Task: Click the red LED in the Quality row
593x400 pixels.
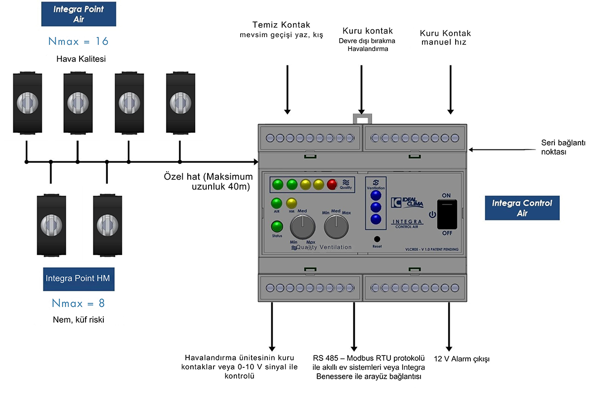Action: pyautogui.click(x=332, y=185)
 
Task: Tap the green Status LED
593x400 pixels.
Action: pyautogui.click(x=277, y=227)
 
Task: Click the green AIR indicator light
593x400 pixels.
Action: pyautogui.click(x=277, y=203)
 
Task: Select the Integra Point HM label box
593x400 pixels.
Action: pyautogui.click(x=78, y=278)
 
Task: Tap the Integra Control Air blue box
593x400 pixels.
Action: pyautogui.click(x=522, y=208)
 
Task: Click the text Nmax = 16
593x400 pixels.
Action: pyautogui.click(x=78, y=41)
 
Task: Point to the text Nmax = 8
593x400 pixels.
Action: pyautogui.click(x=78, y=303)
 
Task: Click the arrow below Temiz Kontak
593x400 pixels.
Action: pyautogui.click(x=287, y=89)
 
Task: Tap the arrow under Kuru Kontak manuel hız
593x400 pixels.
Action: pyautogui.click(x=450, y=89)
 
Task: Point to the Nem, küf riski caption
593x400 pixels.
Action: pyautogui.click(x=78, y=320)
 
